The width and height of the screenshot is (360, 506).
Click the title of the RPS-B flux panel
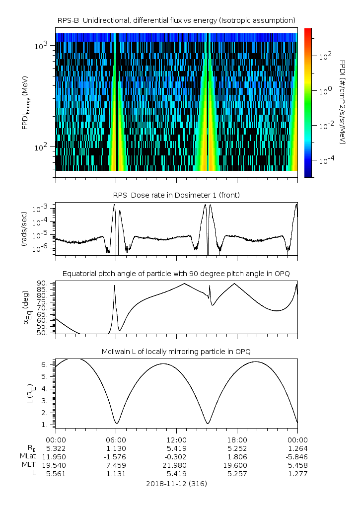[176, 20]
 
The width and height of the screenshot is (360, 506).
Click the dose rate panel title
[176, 195]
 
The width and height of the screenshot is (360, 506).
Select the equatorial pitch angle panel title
[176, 274]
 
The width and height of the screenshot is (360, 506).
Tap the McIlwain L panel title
[176, 352]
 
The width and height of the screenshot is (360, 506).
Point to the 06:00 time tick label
[116, 440]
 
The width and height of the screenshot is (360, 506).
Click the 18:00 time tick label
[237, 440]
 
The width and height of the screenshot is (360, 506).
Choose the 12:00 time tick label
[176, 440]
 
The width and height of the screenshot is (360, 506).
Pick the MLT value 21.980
[176, 465]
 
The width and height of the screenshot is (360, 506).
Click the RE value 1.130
[116, 448]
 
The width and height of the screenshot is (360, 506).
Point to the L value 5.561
[56, 474]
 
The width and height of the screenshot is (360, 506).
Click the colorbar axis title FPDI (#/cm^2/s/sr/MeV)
[343, 102]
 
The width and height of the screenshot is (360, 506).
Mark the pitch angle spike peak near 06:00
[115, 286]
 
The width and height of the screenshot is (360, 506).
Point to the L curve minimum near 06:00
[117, 424]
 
